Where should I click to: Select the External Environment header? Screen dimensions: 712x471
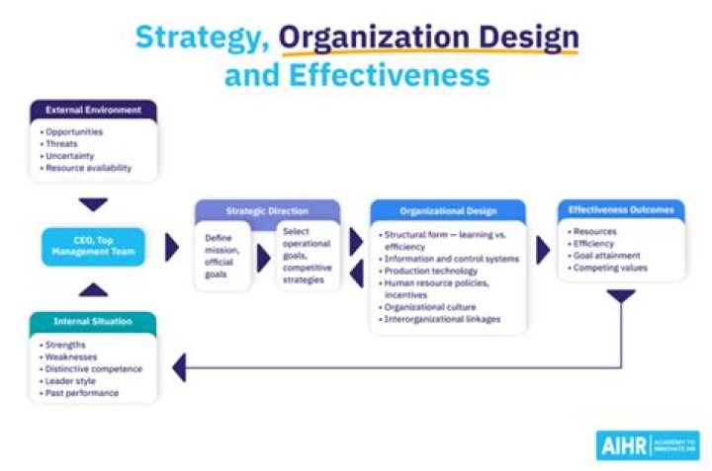(94, 111)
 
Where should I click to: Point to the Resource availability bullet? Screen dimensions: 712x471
(86, 168)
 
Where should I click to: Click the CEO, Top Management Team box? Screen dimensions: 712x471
(93, 246)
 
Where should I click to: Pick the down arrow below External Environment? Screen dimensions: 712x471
(93, 204)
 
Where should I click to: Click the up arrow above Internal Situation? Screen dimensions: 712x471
(93, 289)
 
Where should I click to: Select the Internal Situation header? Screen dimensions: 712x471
(93, 322)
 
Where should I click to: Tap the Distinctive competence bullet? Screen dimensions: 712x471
(91, 369)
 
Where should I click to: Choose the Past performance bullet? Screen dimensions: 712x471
(79, 393)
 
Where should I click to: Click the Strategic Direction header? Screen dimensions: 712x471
(267, 210)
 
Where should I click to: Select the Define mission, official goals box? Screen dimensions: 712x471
(222, 256)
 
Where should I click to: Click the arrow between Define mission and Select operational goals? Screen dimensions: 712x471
(263, 259)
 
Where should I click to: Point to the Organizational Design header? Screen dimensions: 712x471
(448, 211)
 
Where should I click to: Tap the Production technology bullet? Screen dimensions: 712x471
(428, 272)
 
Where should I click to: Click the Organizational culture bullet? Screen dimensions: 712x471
(427, 307)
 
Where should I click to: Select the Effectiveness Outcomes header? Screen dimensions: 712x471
(621, 210)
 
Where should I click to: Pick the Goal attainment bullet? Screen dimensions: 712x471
(604, 256)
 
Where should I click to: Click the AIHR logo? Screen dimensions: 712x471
(648, 445)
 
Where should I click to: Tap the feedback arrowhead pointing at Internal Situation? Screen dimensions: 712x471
(179, 367)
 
